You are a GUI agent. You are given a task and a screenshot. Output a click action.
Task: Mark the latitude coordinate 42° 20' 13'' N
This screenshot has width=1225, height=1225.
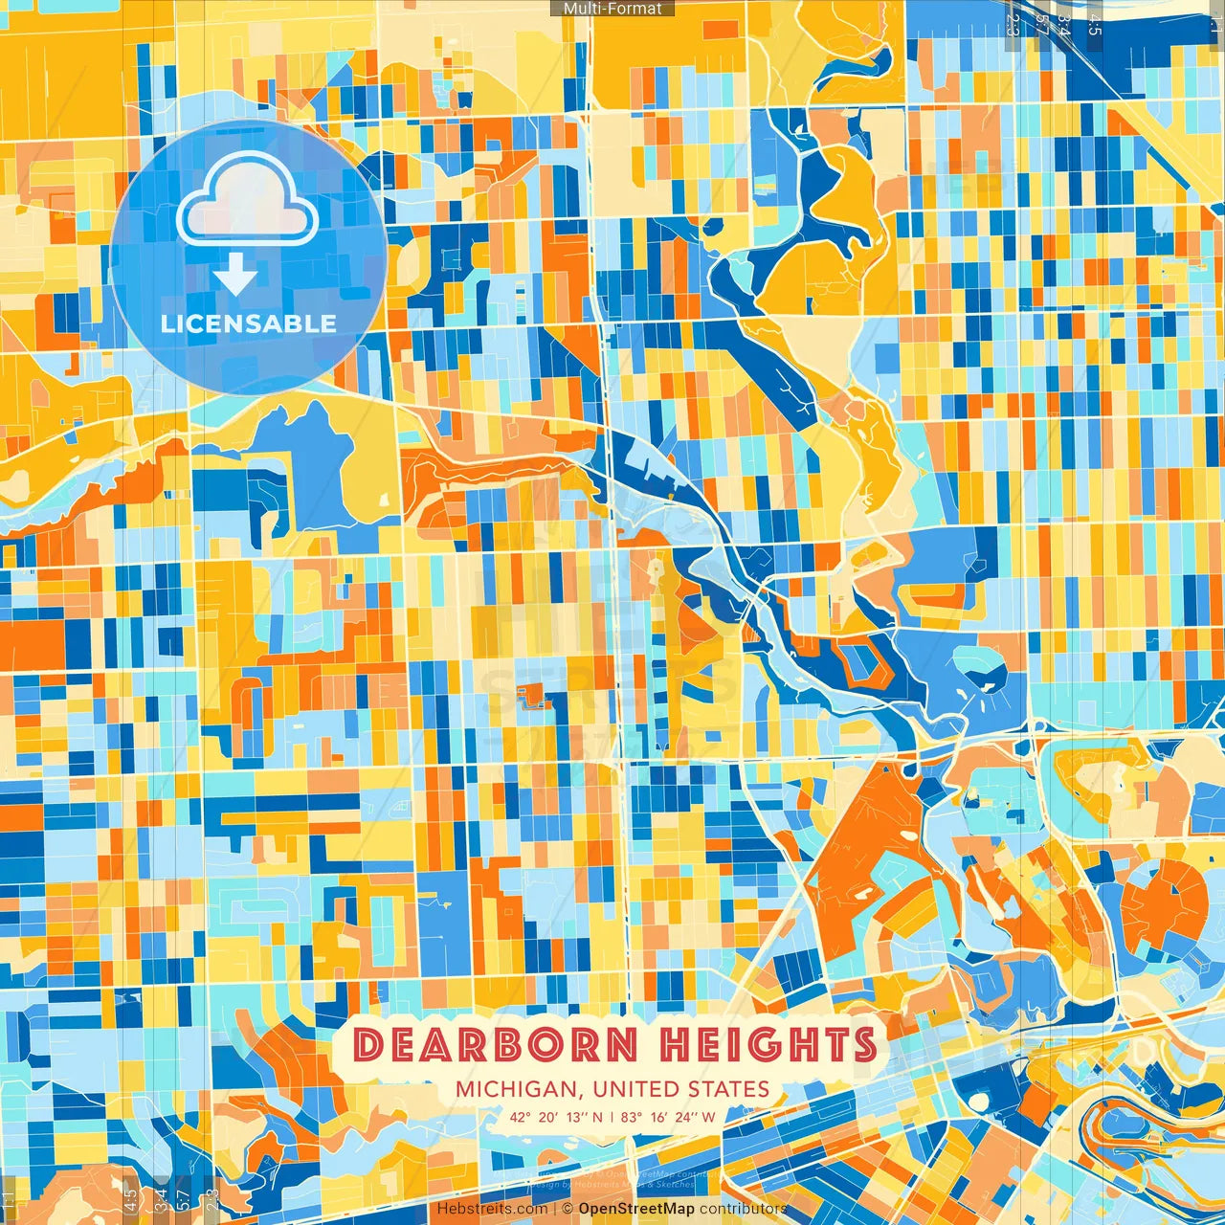[556, 1116]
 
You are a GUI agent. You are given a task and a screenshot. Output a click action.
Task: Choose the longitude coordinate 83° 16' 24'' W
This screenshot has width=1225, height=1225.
[668, 1116]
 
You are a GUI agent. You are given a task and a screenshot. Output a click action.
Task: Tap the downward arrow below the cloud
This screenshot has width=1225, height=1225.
[235, 276]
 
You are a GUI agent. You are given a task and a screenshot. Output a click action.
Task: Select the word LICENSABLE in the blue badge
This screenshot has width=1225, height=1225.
[249, 323]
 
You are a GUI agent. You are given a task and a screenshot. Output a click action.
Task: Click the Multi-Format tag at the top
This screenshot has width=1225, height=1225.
[612, 9]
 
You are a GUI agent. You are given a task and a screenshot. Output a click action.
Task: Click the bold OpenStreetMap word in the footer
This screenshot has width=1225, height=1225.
[636, 1209]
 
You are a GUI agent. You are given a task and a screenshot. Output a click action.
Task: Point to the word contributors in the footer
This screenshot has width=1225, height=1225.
[743, 1209]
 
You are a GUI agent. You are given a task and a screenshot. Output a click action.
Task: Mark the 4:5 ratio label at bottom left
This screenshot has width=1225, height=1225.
[130, 1197]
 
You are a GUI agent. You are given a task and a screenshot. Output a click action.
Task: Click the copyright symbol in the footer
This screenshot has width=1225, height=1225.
[568, 1209]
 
